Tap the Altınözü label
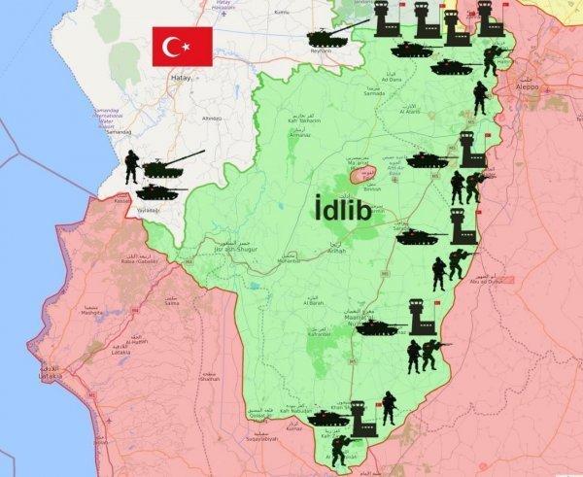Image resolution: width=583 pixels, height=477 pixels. coord(211,118)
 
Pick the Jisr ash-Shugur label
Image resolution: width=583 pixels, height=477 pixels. coord(229,249)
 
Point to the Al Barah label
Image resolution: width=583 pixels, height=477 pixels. coord(312,303)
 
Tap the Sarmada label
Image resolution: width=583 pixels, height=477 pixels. coord(373,93)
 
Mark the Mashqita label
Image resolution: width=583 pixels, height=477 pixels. coord(91,313)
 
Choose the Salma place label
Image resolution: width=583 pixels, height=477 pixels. coord(172,303)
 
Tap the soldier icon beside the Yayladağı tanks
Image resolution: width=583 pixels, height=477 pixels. coord(131,168)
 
